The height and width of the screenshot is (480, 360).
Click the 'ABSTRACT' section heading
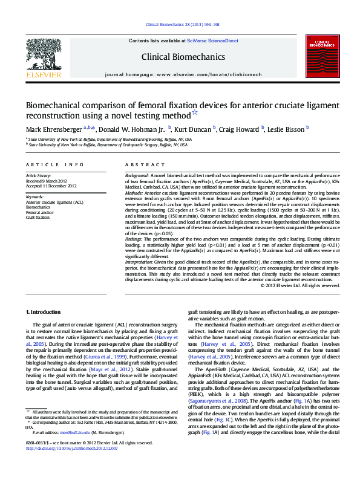(x=141, y=165)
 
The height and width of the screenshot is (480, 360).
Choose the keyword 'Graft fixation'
(x=38, y=216)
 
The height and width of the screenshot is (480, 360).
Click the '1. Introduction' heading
(x=45, y=311)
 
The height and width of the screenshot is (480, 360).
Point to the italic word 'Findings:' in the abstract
(x=136, y=239)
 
